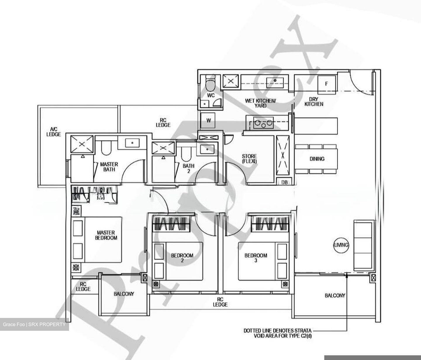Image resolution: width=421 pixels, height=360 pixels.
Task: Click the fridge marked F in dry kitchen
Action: (327, 84)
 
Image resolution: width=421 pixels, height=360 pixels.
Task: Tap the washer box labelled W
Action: (208, 120)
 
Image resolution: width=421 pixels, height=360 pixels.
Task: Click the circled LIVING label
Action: (341, 245)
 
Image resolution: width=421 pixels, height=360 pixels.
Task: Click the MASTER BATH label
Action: (109, 167)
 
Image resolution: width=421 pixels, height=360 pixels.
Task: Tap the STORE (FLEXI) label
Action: (249, 159)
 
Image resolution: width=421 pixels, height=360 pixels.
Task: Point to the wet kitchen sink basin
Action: (275, 81)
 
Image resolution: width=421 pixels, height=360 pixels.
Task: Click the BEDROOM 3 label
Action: (256, 257)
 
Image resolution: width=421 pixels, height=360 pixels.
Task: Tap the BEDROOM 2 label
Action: (182, 257)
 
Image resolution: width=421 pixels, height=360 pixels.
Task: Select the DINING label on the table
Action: (317, 159)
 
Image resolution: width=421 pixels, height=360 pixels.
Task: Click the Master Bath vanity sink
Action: (132, 143)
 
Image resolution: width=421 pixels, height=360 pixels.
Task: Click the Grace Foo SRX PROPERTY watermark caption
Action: (34, 324)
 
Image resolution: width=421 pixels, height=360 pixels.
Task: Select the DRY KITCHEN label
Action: (314, 102)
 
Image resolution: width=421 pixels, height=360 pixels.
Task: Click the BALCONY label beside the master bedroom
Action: (124, 294)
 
